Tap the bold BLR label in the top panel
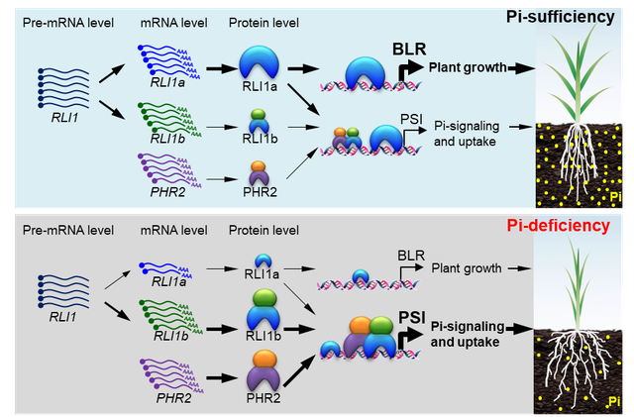pyautogui.click(x=410, y=48)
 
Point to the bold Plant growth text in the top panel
pyautogui.click(x=466, y=67)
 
